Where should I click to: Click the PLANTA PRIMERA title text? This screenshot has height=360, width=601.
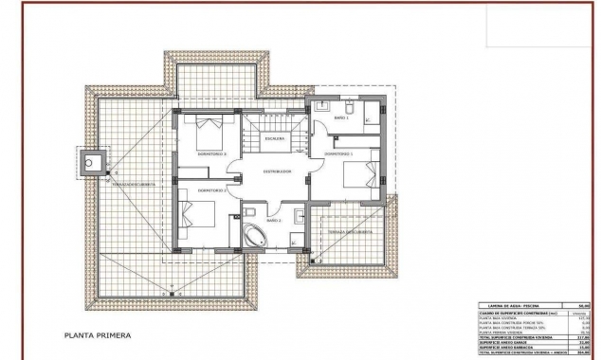[x=98, y=335]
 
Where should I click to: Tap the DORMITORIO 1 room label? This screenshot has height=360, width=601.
[x=338, y=153]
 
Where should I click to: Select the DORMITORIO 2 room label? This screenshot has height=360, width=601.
[x=210, y=190]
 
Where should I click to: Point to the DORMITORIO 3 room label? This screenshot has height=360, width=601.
[x=211, y=153]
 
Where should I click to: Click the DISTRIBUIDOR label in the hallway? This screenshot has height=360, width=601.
[x=277, y=171]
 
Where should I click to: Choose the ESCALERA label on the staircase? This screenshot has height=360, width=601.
[x=275, y=138]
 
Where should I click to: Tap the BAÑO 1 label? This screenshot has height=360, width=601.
[x=341, y=117]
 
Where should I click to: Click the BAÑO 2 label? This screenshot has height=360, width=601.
[x=273, y=220]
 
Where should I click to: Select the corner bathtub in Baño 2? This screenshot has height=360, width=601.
[x=256, y=236]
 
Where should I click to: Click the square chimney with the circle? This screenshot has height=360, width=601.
[x=92, y=164]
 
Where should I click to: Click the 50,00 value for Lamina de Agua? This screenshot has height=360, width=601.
[x=583, y=305]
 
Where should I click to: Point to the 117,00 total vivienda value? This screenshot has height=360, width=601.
[x=583, y=337]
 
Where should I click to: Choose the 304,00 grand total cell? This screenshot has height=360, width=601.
[x=583, y=352]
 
